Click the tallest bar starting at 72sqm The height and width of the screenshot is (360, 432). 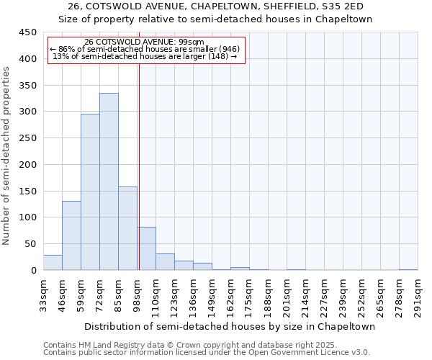point(109,181)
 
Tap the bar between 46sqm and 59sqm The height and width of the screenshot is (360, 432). point(71,235)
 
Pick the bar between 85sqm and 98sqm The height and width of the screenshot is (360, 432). point(127,228)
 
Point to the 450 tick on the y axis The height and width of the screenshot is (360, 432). point(27,32)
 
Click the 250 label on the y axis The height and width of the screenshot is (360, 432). point(27,138)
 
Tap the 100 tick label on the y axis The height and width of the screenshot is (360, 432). point(27,217)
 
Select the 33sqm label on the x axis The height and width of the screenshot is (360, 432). point(43,294)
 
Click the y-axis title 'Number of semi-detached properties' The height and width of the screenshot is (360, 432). point(7,156)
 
